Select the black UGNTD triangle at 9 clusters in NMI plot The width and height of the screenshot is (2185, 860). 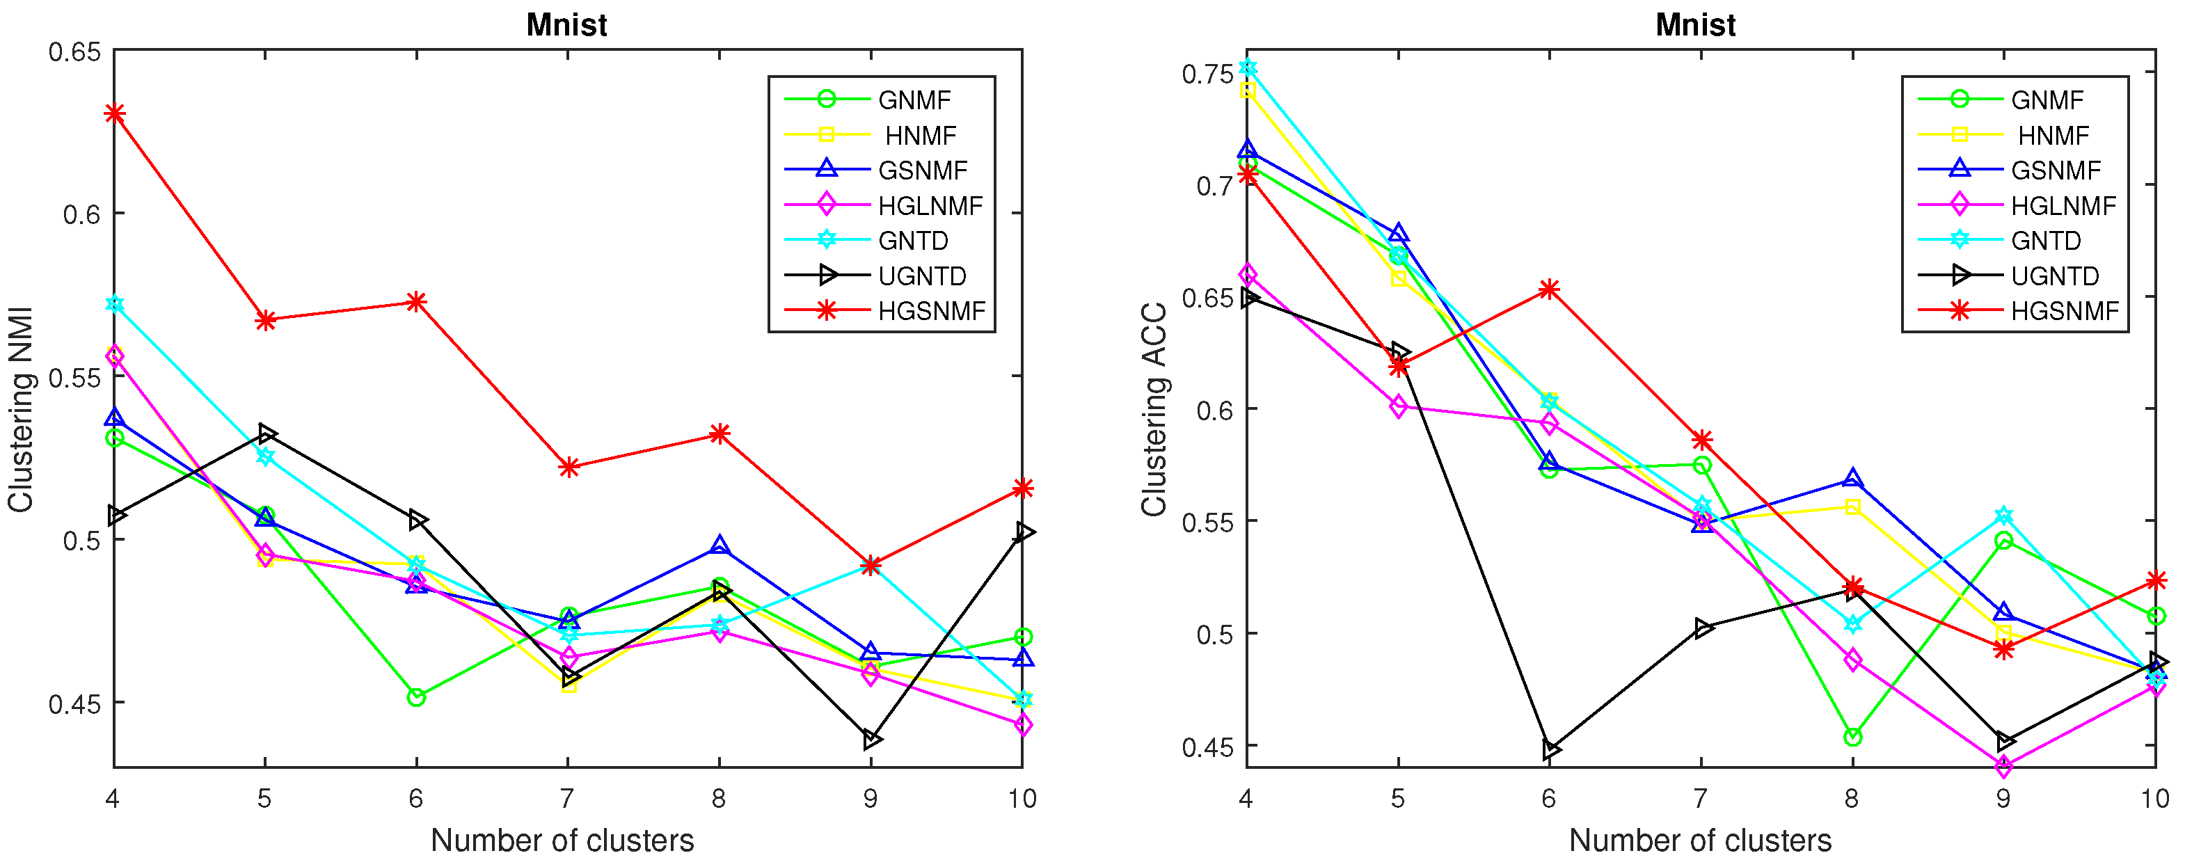872,740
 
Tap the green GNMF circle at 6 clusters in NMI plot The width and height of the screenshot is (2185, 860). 415,697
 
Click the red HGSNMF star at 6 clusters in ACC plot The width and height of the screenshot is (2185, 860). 1550,289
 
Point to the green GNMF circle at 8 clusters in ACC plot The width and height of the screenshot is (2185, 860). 1852,737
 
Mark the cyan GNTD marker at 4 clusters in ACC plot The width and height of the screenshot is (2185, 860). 1247,67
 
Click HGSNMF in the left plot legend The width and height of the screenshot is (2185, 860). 931,311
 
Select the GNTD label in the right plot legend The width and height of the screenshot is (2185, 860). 2045,241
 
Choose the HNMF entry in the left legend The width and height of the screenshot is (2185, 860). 921,135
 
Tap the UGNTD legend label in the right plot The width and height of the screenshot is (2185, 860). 2054,276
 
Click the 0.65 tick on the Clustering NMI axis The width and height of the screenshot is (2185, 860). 74,51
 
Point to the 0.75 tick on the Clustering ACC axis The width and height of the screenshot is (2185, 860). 1207,74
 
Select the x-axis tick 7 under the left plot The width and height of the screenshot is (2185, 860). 567,798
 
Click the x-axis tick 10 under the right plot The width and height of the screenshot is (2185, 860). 2154,798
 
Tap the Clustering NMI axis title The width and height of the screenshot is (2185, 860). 20,410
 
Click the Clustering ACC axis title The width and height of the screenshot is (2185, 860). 1154,410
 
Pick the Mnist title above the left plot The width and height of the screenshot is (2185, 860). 566,24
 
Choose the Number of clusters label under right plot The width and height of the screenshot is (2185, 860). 1700,840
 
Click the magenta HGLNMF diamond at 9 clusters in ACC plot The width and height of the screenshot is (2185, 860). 2003,767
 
